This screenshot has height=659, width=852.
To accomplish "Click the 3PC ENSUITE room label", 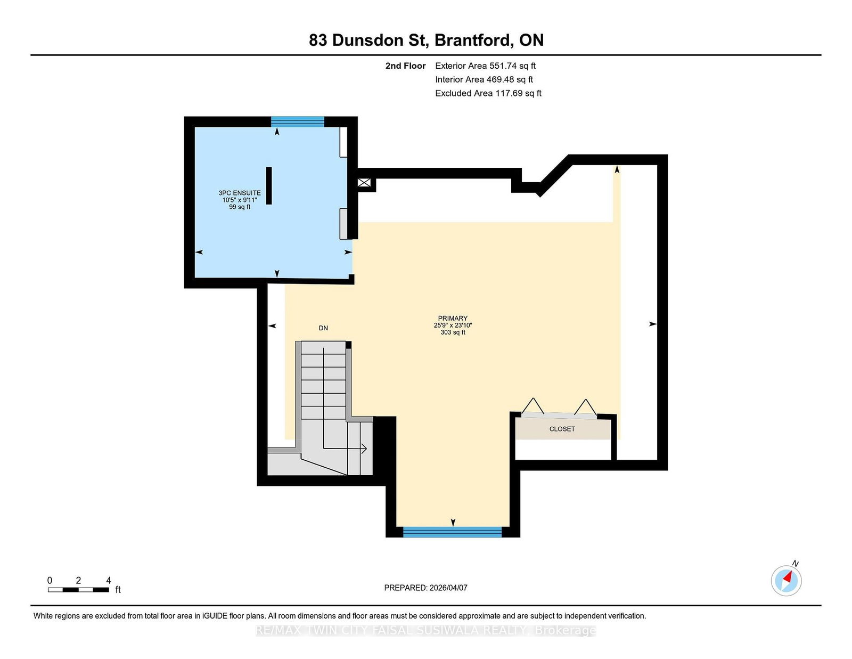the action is pyautogui.click(x=240, y=193).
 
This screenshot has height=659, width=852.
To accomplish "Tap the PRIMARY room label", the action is pyautogui.click(x=453, y=318).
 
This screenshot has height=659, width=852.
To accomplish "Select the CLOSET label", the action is pyautogui.click(x=562, y=429).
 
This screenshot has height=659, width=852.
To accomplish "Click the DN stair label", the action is pyautogui.click(x=323, y=328).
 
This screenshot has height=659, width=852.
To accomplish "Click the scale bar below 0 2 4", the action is pyautogui.click(x=78, y=590).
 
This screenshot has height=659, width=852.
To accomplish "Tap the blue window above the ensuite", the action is pyautogui.click(x=298, y=121).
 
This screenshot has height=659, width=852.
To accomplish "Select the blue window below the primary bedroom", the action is pyautogui.click(x=453, y=532).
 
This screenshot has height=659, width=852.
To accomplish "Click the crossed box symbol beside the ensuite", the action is pyautogui.click(x=364, y=182).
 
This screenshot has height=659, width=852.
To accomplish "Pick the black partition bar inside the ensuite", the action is pyautogui.click(x=269, y=185).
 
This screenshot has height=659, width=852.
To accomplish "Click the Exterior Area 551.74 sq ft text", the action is pyautogui.click(x=485, y=66).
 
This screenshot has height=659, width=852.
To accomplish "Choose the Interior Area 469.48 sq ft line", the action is pyautogui.click(x=484, y=79).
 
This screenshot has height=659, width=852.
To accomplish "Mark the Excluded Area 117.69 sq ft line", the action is pyautogui.click(x=488, y=93).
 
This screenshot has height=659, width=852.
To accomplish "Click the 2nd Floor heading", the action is pyautogui.click(x=405, y=66).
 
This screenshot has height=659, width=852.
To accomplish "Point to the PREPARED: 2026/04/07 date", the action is pyautogui.click(x=426, y=588).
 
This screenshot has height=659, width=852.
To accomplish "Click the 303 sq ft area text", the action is pyautogui.click(x=453, y=332).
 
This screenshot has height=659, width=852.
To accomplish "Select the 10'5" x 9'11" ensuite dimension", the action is pyautogui.click(x=240, y=200).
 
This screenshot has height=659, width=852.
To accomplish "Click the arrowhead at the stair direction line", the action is pyautogui.click(x=364, y=449).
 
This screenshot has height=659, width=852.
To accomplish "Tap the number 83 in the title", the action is pyautogui.click(x=318, y=40).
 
